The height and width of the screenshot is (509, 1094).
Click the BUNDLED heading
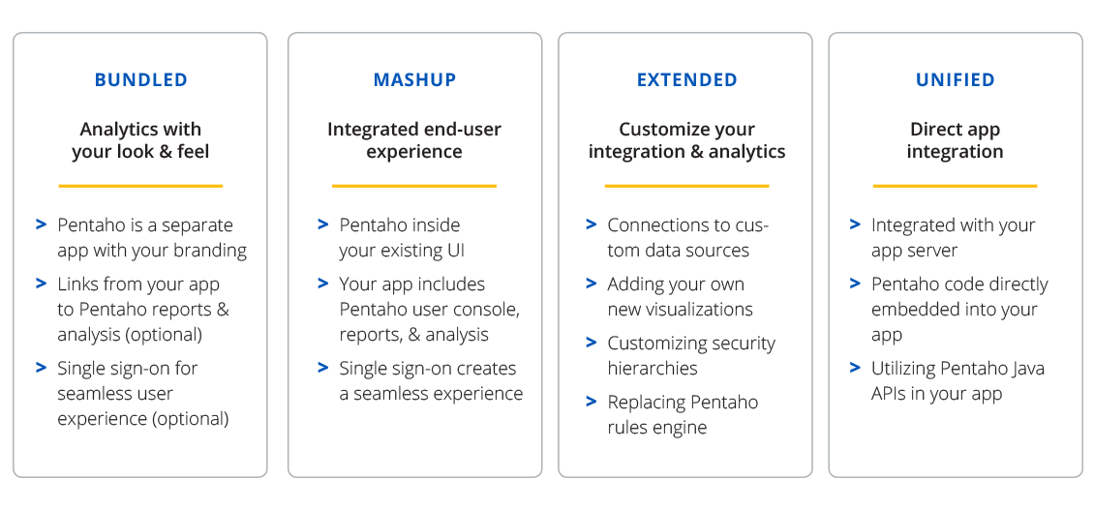141,80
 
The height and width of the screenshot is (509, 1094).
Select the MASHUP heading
414,80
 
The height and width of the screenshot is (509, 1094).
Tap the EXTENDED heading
686,80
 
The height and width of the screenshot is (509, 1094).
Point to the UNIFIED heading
956,80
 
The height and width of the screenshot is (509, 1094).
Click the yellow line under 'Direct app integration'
956,186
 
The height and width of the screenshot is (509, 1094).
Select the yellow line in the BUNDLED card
140,186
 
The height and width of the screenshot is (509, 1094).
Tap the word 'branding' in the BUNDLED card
208,251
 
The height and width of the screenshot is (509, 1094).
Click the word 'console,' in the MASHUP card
492,310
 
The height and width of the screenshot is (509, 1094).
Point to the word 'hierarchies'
653,368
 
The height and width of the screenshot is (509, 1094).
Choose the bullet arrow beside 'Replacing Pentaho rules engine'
592,402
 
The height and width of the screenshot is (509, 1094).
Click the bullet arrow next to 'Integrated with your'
856,225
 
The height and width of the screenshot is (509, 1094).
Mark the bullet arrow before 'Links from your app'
42,284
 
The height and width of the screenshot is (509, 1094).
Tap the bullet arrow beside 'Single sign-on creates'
323,368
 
